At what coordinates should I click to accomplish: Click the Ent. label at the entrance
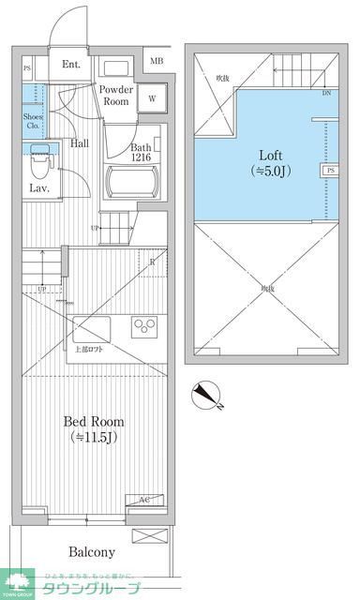(x=71, y=65)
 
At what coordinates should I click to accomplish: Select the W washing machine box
(x=152, y=97)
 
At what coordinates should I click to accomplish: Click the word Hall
(x=80, y=143)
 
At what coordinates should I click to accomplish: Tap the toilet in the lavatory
(x=38, y=164)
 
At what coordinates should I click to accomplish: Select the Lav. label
(x=38, y=188)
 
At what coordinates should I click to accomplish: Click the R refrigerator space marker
(x=152, y=262)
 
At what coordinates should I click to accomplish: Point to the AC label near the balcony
(x=145, y=500)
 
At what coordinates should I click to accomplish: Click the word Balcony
(x=91, y=552)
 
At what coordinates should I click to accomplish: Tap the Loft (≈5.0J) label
(x=267, y=161)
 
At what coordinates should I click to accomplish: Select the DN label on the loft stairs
(x=326, y=94)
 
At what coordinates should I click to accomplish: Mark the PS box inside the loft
(x=331, y=172)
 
